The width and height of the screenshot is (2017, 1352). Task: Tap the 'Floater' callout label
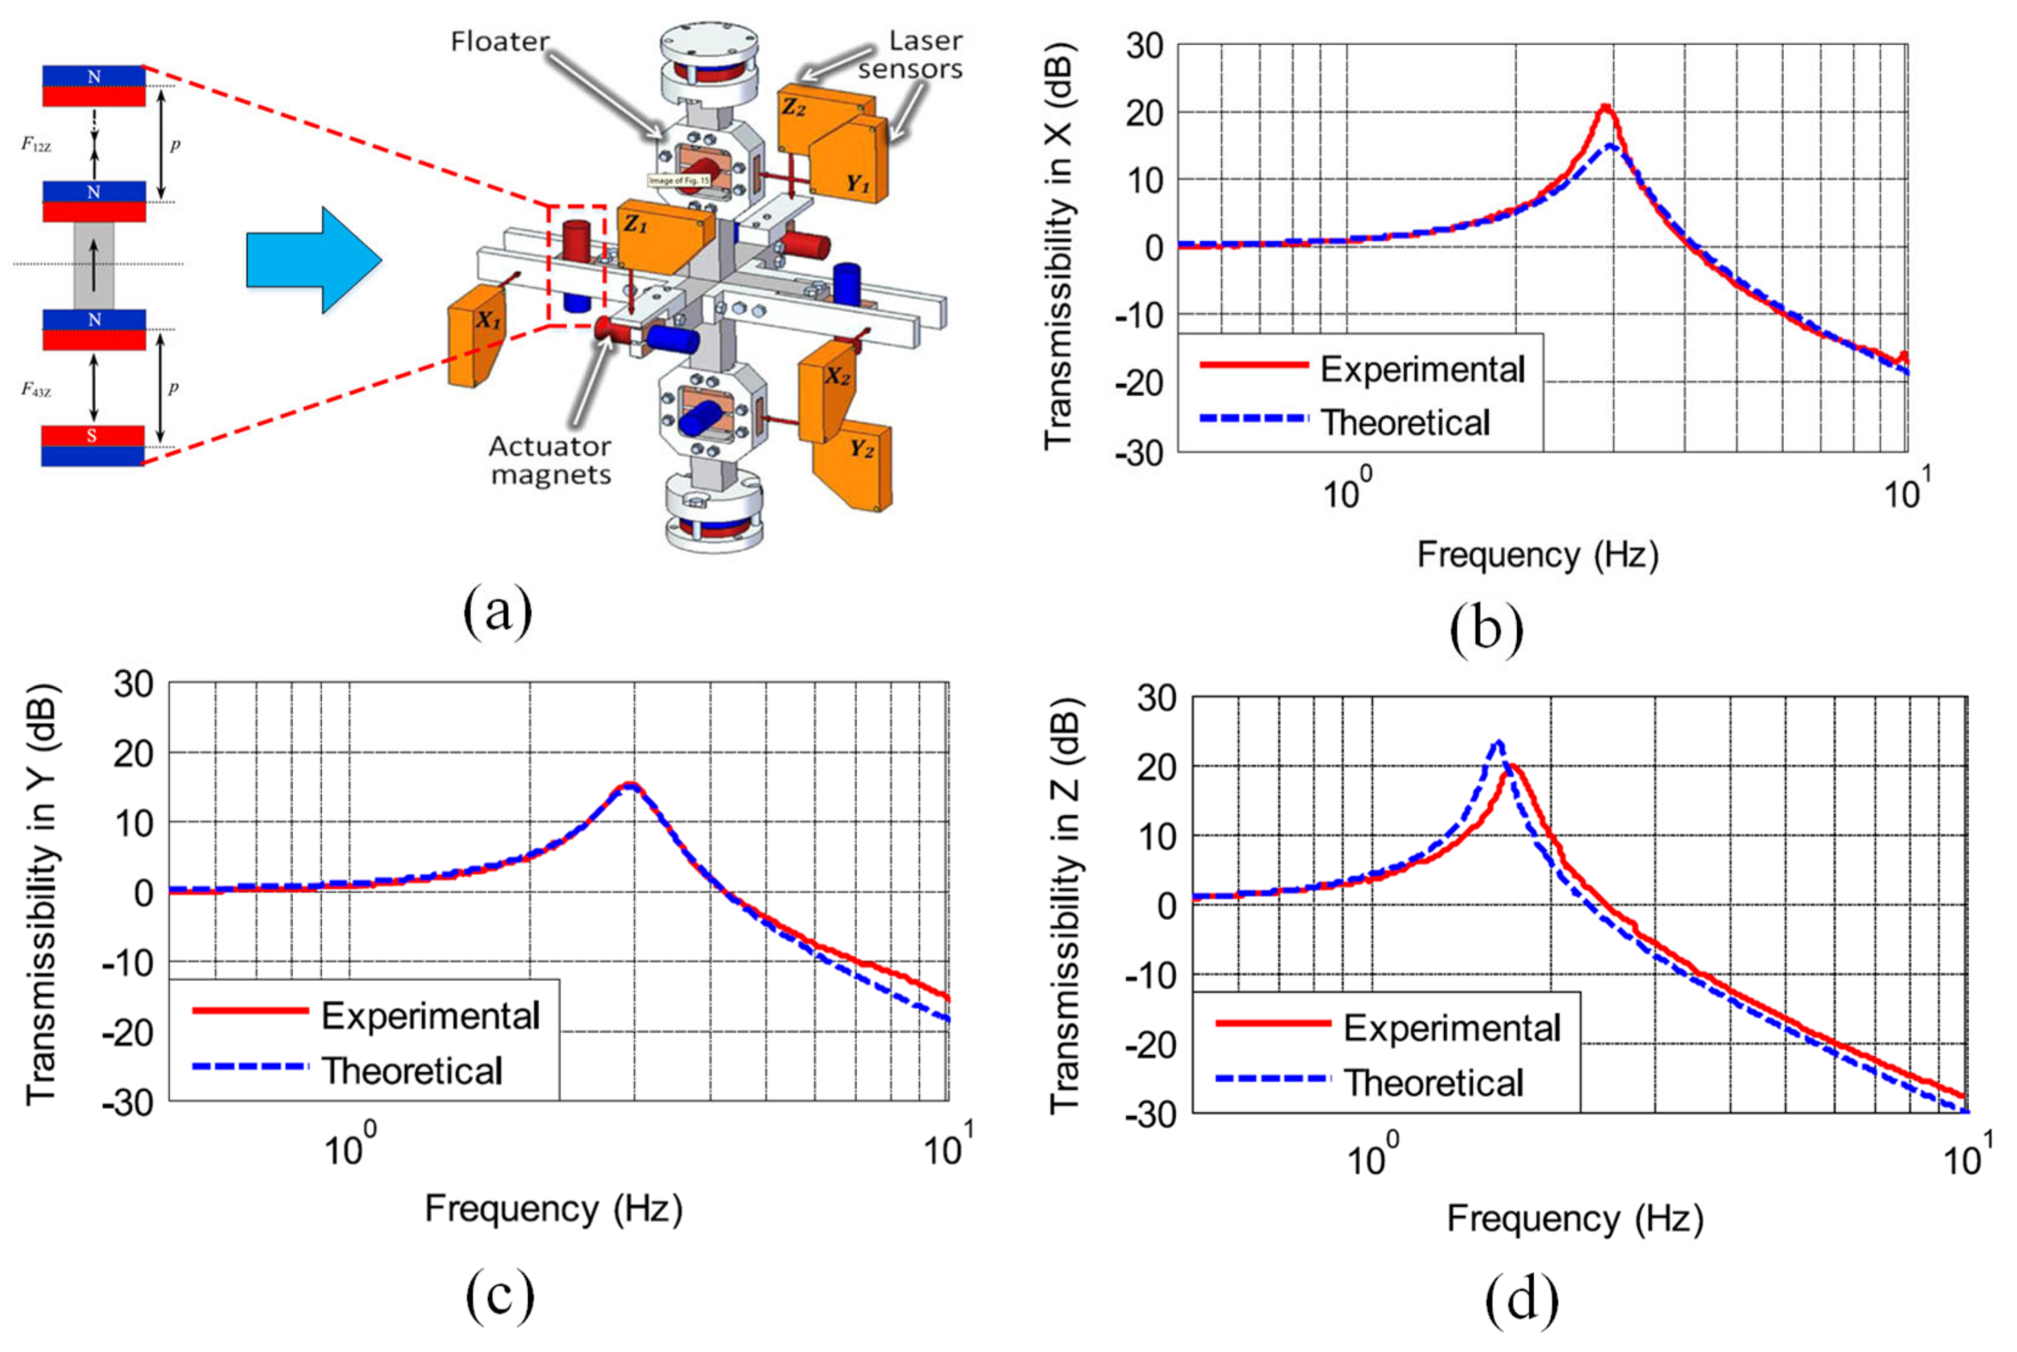(x=500, y=41)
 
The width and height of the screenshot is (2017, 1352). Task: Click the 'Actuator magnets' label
(x=551, y=460)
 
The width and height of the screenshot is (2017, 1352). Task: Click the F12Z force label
(x=36, y=146)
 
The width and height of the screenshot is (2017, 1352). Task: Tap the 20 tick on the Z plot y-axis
(x=1157, y=767)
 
